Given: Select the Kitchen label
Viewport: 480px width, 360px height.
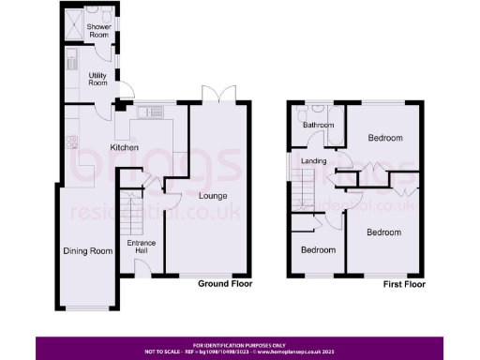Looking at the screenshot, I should (125, 148).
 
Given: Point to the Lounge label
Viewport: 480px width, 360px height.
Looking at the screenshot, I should (213, 195).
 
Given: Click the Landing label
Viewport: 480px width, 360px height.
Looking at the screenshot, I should (314, 161).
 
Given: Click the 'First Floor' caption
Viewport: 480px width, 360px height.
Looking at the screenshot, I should (404, 283).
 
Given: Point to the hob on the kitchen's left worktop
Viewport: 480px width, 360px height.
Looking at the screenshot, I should (70, 143).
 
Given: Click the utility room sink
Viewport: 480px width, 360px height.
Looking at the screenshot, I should (71, 65).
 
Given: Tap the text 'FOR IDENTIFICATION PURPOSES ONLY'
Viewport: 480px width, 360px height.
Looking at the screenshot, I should (239, 345).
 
